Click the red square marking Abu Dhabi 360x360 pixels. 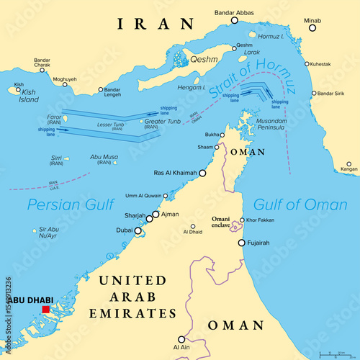[x=46, y=310]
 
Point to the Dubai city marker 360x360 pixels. [x=138, y=231]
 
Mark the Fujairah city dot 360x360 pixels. [x=242, y=243]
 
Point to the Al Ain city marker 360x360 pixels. [x=181, y=339]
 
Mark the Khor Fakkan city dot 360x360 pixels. [x=242, y=219]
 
